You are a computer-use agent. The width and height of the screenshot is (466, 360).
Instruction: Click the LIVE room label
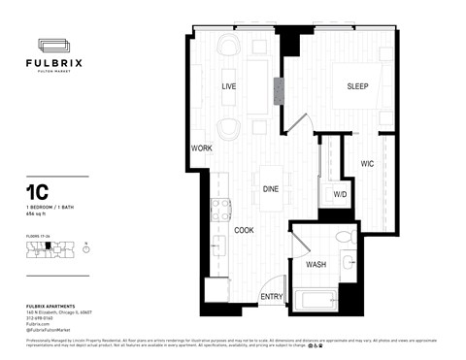pyautogui.click(x=230, y=87)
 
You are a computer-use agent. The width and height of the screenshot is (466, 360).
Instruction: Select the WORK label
pyautogui.click(x=201, y=148)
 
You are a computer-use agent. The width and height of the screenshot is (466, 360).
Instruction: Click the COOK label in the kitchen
pyautogui.click(x=244, y=229)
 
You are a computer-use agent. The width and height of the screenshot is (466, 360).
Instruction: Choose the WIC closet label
pyautogui.click(x=368, y=163)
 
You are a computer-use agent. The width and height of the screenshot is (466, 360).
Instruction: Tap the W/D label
pyautogui.click(x=340, y=195)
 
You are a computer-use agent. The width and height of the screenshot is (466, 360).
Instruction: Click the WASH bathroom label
pyautogui.click(x=316, y=264)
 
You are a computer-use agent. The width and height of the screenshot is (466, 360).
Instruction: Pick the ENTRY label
pyautogui.click(x=273, y=297)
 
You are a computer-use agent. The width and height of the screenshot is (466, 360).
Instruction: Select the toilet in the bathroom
pyautogui.click(x=343, y=238)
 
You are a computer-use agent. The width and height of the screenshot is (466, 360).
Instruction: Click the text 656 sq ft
pyautogui.click(x=39, y=215)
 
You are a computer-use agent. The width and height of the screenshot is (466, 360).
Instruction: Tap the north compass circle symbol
pyautogui.click(x=86, y=249)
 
